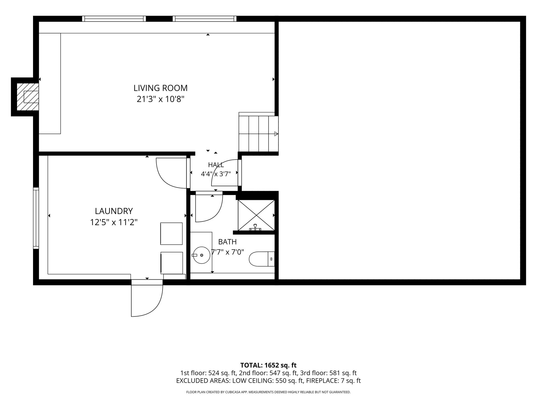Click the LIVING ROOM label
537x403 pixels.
click(160, 88)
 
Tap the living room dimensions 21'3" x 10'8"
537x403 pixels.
click(160, 99)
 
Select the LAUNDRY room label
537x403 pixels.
click(114, 211)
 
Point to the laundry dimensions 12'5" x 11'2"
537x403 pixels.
click(114, 222)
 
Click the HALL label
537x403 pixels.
click(216, 165)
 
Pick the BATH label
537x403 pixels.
click(227, 242)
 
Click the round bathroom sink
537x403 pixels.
click(202, 255)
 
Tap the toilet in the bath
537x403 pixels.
click(262, 259)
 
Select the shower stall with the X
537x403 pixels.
click(256, 215)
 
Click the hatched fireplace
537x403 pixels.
click(28, 97)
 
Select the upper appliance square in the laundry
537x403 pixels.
click(171, 234)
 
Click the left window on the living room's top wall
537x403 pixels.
click(114, 19)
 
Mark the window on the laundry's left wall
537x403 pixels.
click(36, 218)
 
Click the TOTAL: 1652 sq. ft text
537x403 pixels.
click(268, 365)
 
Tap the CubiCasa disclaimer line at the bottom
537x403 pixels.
click(268, 392)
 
